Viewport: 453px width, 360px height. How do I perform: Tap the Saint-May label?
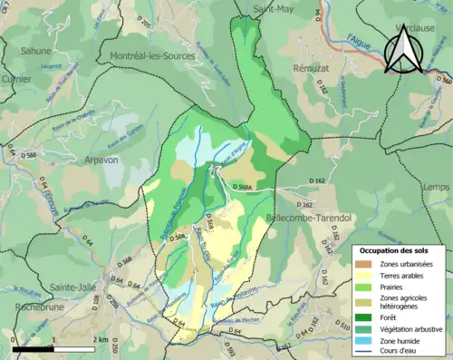274,9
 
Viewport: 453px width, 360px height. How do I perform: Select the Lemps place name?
436,186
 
